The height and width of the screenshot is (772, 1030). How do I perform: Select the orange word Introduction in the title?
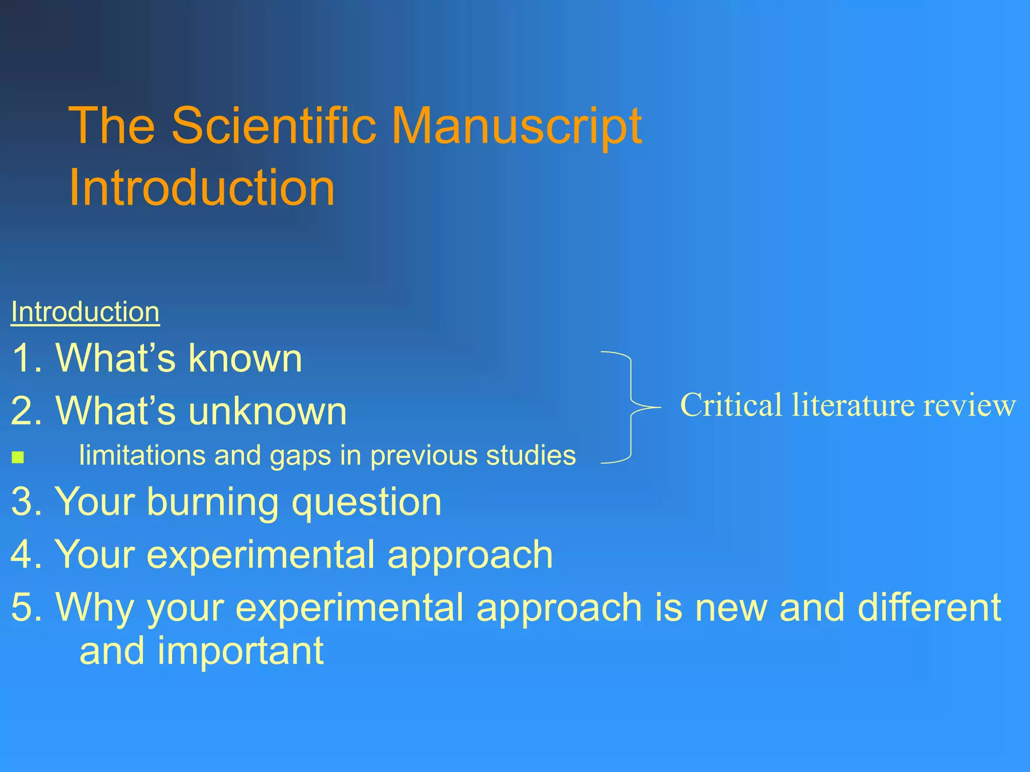point(202,187)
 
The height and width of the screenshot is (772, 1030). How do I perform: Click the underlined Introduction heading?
point(85,312)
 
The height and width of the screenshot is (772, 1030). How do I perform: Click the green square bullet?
point(18,457)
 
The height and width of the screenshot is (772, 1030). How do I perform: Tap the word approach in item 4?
point(470,555)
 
